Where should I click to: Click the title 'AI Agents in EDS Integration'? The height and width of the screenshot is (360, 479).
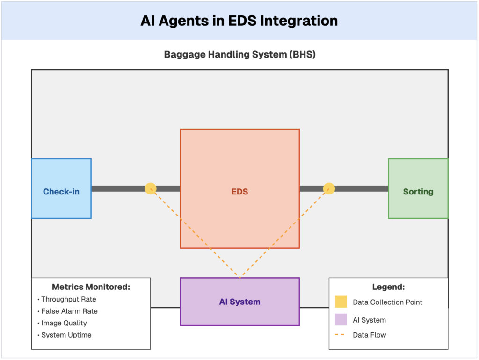pyautogui.click(x=239, y=21)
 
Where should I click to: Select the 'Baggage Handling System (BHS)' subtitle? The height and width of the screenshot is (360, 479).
pyautogui.click(x=239, y=55)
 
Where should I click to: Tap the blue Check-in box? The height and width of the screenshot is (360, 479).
pyautogui.click(x=61, y=189)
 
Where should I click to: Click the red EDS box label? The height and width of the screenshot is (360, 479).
pyautogui.click(x=239, y=191)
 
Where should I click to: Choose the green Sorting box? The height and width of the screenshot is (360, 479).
pyautogui.click(x=418, y=189)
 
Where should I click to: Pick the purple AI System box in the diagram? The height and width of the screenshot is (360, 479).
pyautogui.click(x=239, y=302)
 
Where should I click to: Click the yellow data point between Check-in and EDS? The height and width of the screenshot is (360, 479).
pyautogui.click(x=150, y=188)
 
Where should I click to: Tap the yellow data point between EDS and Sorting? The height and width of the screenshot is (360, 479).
pyautogui.click(x=329, y=188)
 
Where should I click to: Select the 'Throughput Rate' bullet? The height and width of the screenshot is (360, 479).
pyautogui.click(x=68, y=299)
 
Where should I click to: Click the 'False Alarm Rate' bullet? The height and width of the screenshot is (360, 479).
pyautogui.click(x=69, y=311)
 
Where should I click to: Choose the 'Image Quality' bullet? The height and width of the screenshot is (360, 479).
pyautogui.click(x=64, y=323)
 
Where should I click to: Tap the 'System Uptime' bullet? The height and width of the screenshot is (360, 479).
pyautogui.click(x=66, y=335)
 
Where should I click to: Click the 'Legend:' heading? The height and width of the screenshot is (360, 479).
pyautogui.click(x=388, y=287)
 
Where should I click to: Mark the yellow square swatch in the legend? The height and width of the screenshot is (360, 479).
pyautogui.click(x=341, y=302)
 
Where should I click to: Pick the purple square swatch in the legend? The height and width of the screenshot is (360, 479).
pyautogui.click(x=341, y=320)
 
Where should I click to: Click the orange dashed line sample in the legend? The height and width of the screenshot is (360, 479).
pyautogui.click(x=341, y=335)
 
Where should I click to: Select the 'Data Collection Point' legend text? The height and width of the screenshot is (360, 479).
pyautogui.click(x=387, y=302)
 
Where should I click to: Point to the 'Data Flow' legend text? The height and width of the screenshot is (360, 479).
pyautogui.click(x=370, y=335)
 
